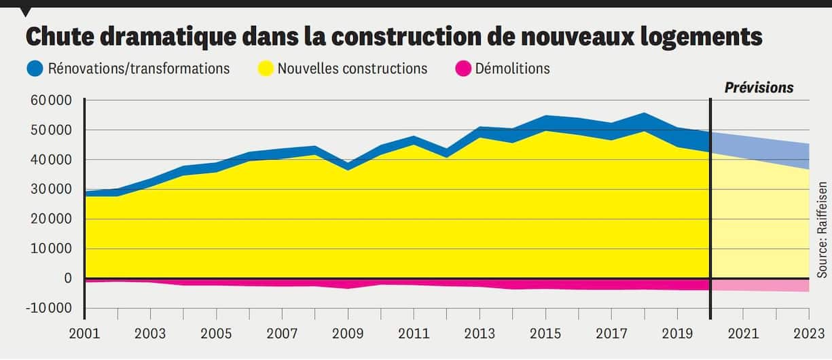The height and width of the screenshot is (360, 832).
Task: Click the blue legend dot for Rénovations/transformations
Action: tap(35, 69)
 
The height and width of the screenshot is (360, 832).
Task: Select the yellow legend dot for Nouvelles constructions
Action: tap(266, 69)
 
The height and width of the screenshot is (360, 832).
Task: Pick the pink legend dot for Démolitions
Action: tap(463, 69)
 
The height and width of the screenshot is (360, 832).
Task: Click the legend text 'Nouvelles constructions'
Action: tap(352, 69)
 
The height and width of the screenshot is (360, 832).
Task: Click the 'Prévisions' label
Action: tap(759, 88)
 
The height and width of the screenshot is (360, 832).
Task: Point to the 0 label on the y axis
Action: tap(68, 278)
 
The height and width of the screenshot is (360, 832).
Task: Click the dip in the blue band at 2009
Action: tap(348, 166)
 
